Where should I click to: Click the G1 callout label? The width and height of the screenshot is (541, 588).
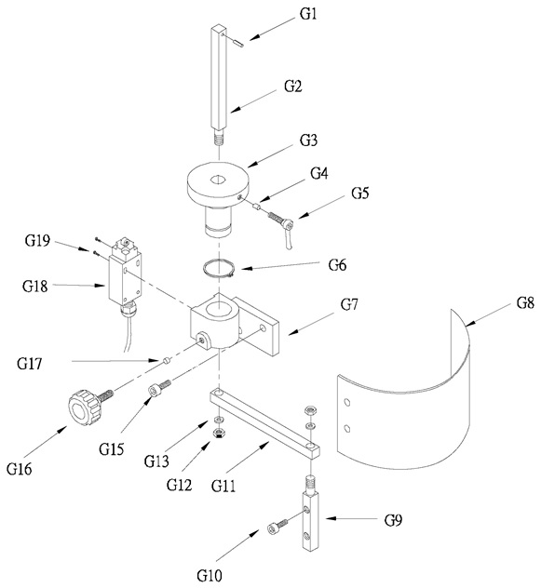coord(308,14)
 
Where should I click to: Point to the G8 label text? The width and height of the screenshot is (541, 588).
coord(525,302)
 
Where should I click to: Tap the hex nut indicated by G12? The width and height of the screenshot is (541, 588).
coord(217,434)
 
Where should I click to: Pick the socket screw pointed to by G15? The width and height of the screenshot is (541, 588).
coord(160,388)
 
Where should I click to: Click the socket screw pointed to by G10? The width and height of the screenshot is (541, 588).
coord(277,526)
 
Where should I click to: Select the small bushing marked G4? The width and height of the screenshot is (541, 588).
coord(255,206)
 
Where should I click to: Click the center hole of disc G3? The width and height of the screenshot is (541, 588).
coord(217,180)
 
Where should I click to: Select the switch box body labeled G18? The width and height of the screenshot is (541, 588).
coord(126,276)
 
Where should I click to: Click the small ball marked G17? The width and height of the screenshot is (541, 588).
coord(167,361)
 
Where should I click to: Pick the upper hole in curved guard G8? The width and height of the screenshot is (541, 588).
coord(347,403)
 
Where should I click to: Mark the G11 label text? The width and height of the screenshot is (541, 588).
coord(223,486)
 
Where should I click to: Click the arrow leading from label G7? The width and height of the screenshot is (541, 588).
coord(310,324)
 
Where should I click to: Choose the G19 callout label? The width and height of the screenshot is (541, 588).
coord(37,240)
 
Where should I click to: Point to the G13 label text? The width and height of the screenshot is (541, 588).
coord(156,461)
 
